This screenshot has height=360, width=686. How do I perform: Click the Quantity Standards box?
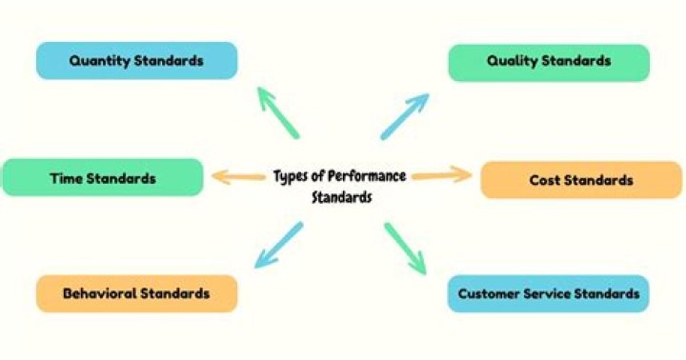(137, 60)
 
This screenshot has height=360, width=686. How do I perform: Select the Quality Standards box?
(549, 63)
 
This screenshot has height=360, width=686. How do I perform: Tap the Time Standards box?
(103, 177)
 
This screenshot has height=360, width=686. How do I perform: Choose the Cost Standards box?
(581, 180)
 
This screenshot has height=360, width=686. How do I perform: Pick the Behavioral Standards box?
(137, 293)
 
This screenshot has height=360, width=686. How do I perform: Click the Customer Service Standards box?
(548, 293)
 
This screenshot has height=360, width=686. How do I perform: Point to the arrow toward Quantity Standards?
(278, 112)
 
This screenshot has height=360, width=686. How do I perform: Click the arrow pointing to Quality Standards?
(405, 116)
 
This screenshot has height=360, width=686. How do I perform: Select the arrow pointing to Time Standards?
(238, 177)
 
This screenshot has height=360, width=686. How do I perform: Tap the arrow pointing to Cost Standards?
(442, 175)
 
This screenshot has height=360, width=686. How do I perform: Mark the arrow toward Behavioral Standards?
(278, 245)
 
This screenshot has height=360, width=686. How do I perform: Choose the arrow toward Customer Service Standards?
(405, 249)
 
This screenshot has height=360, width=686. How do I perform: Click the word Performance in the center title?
(367, 176)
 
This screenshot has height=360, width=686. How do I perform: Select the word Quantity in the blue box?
(100, 61)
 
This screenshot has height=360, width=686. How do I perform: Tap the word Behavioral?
(100, 293)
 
